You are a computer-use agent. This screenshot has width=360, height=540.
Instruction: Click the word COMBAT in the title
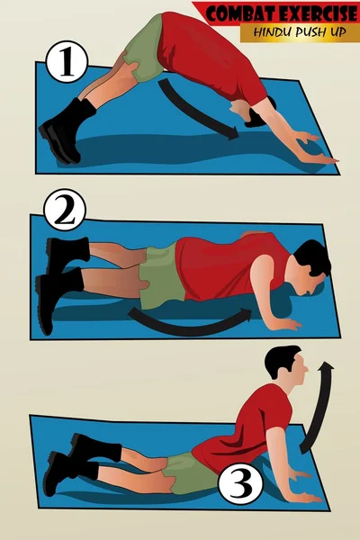click(x=241, y=14)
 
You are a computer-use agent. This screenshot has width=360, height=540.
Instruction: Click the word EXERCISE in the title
click(x=319, y=14)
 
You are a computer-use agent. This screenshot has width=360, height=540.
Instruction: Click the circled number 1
click(x=66, y=61)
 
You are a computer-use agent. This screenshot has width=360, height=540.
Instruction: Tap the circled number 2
click(x=65, y=210)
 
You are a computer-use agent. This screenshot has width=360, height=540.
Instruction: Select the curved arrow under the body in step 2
click(x=190, y=325)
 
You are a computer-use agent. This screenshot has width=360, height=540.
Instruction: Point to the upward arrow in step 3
click(x=319, y=407)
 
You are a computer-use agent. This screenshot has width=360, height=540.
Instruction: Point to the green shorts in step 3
click(x=190, y=472)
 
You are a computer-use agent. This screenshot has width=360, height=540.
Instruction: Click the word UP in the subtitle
click(x=337, y=32)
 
